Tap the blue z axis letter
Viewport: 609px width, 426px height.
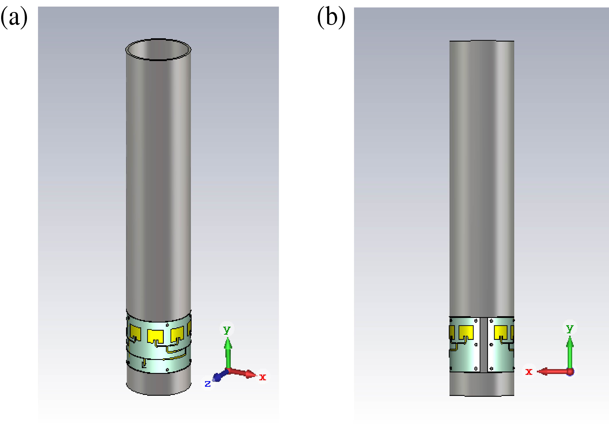click(208, 384)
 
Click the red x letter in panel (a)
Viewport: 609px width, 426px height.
click(263, 377)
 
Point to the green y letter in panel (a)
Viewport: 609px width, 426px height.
click(227, 330)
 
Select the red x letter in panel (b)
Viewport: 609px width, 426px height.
click(529, 372)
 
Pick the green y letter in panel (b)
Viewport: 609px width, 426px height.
click(570, 328)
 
